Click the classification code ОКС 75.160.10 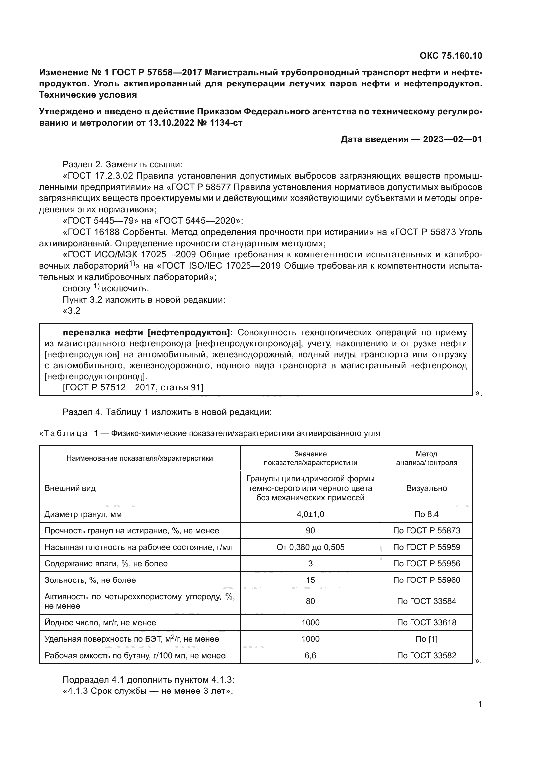click(x=451, y=56)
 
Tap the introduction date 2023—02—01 click(x=452, y=139)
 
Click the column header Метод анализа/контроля click(x=426, y=458)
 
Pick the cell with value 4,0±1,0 click(x=310, y=514)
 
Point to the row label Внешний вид click(x=70, y=488)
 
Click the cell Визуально click(x=426, y=488)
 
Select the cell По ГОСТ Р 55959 click(x=426, y=547)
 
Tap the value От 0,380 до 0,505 click(x=310, y=547)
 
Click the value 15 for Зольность click(x=310, y=580)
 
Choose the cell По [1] click(x=426, y=639)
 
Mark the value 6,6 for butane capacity click(x=310, y=655)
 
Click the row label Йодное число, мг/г click(x=100, y=623)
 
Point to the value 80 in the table click(x=310, y=601)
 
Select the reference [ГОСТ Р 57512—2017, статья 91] click(x=133, y=387)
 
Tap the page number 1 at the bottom click(x=480, y=704)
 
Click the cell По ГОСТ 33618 click(x=426, y=623)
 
